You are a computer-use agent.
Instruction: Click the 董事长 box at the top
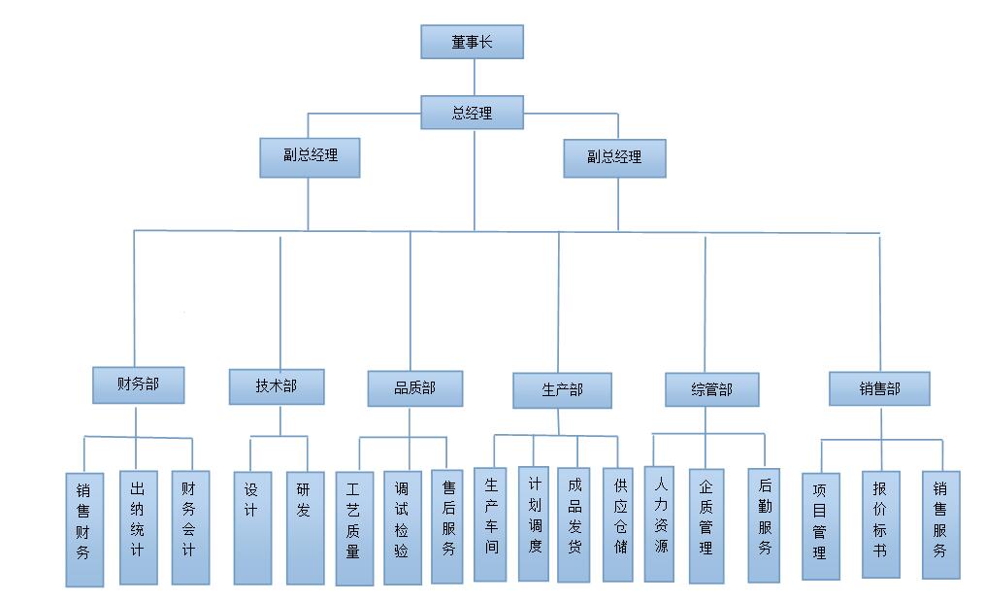coord(473,42)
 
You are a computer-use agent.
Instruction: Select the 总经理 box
coord(473,113)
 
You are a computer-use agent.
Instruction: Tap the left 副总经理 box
coord(310,157)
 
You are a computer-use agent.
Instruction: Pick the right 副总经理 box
coord(614,157)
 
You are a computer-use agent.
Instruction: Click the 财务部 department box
coord(138,384)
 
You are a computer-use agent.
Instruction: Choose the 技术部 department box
coord(277,386)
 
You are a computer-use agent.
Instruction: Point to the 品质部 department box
coord(414,388)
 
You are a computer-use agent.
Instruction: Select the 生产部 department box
coord(562,390)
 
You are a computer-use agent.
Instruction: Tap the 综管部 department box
coord(711,390)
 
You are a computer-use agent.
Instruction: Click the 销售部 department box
coord(879,389)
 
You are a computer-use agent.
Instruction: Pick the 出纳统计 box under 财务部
coord(138,527)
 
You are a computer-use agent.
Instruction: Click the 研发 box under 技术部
coord(305,527)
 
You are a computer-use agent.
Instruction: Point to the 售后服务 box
coord(447,527)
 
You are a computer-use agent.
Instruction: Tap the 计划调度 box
coord(534,523)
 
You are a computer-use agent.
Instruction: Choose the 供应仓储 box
coord(619,525)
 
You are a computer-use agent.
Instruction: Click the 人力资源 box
coord(660,523)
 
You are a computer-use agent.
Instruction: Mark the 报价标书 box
coord(880,524)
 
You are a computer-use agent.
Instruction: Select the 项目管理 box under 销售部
coord(820,526)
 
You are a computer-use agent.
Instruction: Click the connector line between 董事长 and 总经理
coord(474,77)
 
